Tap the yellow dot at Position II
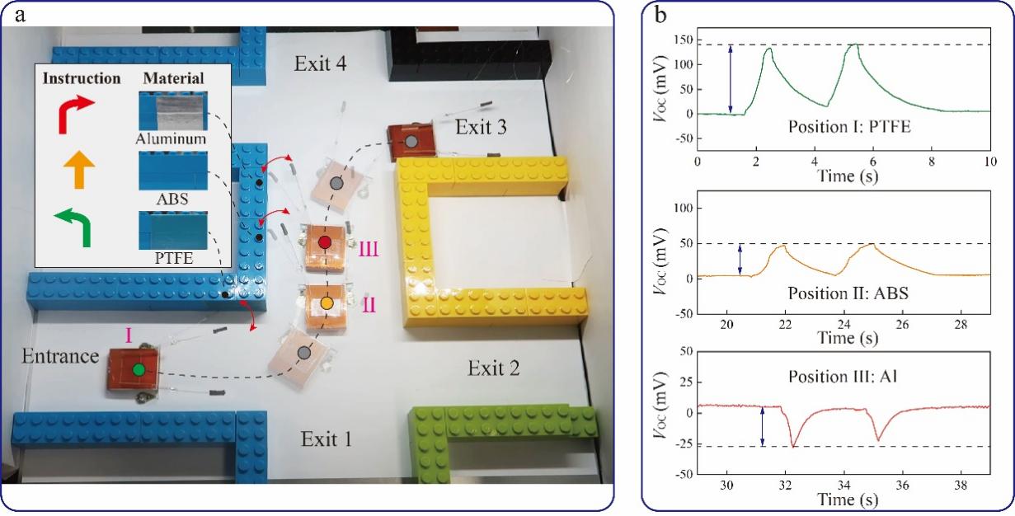[327, 303]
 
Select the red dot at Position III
[326, 242]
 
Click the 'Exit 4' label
[322, 63]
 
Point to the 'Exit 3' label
[482, 127]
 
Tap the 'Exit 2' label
[494, 368]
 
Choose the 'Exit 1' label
[326, 439]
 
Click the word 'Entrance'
[61, 357]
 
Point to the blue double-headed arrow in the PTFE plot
[731, 78]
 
